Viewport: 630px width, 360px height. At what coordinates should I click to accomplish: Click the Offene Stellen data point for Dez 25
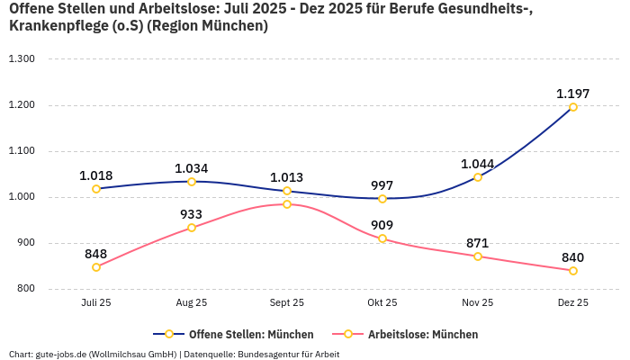[x=572, y=107]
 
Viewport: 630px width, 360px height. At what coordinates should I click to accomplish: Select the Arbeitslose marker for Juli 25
[x=96, y=267]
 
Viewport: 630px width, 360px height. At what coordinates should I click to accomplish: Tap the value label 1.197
[x=572, y=94]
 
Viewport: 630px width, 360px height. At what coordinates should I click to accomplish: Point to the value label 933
[x=192, y=214]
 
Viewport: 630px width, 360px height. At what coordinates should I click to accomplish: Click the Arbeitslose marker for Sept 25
[x=287, y=204]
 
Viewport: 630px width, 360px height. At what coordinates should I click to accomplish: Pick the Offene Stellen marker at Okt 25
[x=382, y=199]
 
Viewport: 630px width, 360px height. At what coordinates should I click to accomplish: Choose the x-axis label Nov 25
[x=477, y=303]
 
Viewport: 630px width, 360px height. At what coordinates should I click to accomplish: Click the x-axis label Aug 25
[x=192, y=303]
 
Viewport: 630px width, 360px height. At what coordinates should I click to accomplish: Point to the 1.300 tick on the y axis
[x=22, y=59]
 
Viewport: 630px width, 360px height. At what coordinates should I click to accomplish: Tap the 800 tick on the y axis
[x=24, y=289]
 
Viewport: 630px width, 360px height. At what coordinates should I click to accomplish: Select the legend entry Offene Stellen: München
[x=243, y=334]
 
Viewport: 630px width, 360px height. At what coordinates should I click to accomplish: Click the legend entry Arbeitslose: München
[x=413, y=334]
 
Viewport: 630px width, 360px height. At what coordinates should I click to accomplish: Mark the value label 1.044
[x=477, y=164]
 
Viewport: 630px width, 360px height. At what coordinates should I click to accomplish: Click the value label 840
[x=572, y=257]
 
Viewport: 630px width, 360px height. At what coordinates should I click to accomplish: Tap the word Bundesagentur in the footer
[x=272, y=354]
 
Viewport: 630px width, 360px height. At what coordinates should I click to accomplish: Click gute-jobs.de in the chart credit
[x=60, y=354]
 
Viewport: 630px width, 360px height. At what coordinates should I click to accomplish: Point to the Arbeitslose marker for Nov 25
[x=478, y=256]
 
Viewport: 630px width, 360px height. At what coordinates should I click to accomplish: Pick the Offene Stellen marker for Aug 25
[x=192, y=182]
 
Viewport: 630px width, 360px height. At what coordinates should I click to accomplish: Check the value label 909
[x=382, y=225]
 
